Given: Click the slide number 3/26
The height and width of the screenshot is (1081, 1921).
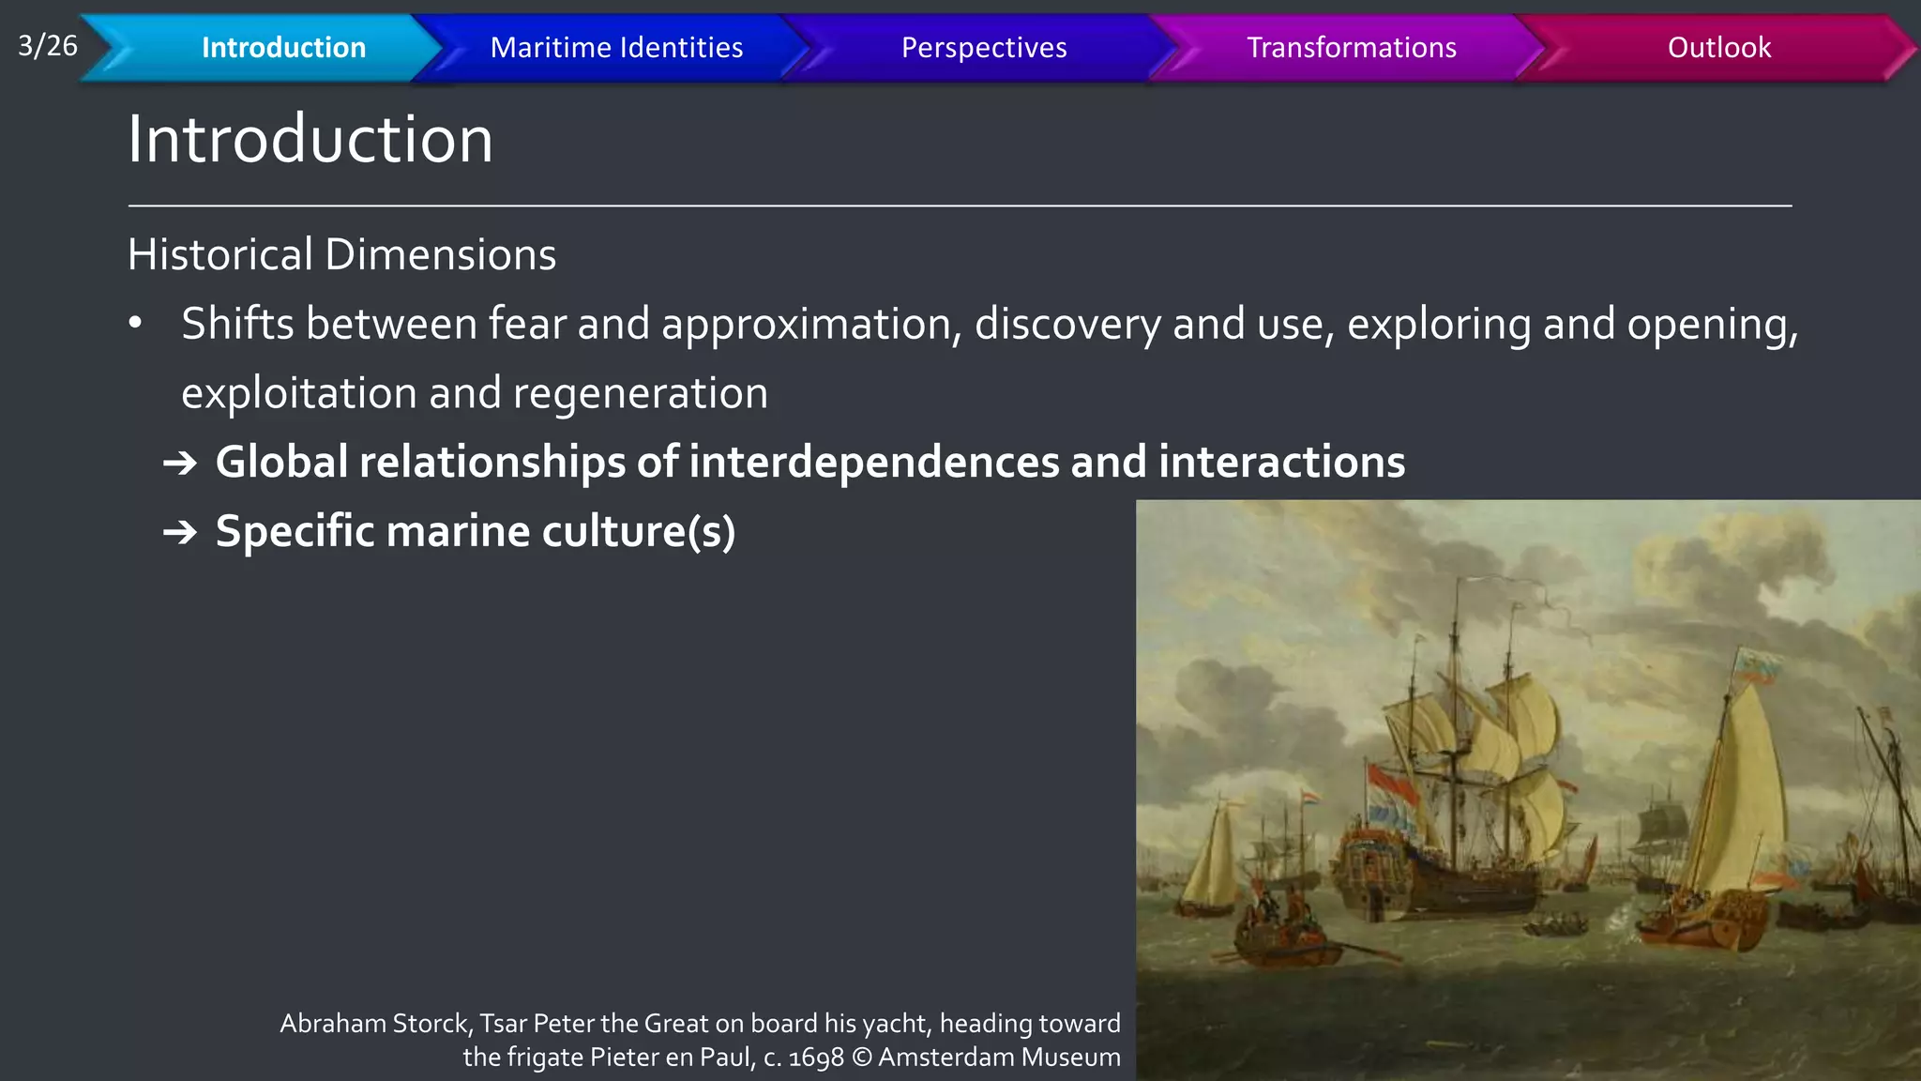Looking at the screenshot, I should [x=47, y=45].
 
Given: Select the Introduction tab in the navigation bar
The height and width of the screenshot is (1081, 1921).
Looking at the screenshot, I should [x=283, y=47].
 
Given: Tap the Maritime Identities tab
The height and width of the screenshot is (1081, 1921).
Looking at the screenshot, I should [x=616, y=47].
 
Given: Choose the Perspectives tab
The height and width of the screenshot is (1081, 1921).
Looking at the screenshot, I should [x=984, y=47].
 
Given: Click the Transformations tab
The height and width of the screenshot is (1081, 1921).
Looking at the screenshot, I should [x=1351, y=47].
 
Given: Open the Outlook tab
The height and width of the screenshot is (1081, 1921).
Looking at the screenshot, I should [x=1718, y=47].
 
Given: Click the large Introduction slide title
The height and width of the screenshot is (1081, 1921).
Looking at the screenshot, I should [x=310, y=139].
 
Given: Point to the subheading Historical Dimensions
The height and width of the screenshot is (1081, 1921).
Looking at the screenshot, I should [x=341, y=254].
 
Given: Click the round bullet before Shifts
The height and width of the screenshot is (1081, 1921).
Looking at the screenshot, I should [x=136, y=324].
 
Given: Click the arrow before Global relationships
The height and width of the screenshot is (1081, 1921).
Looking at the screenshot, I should [x=179, y=463].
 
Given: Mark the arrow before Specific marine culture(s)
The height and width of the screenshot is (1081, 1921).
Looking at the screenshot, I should [x=179, y=532].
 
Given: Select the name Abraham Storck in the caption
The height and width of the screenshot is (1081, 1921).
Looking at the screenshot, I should [x=375, y=1023].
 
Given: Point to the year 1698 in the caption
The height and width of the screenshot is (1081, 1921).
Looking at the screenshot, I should [x=816, y=1058].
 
